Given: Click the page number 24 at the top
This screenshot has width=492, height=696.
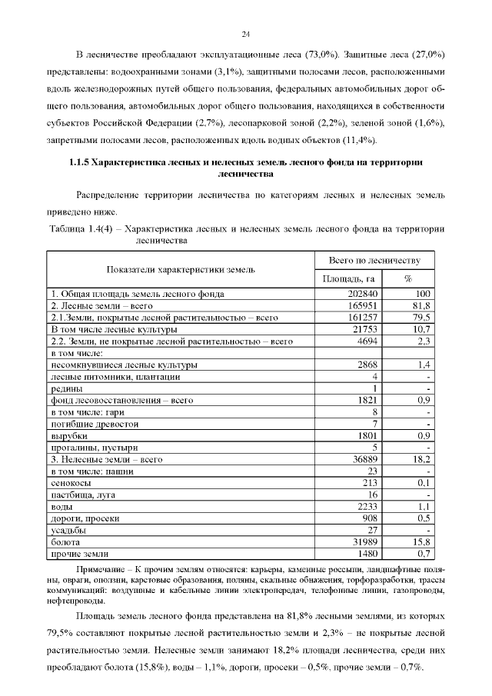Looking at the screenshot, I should click(246, 34).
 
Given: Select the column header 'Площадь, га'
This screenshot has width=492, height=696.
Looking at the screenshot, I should click(347, 278).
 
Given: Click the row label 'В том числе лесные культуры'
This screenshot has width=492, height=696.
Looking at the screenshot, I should click(114, 329).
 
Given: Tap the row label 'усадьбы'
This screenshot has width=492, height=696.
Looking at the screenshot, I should click(68, 530).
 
